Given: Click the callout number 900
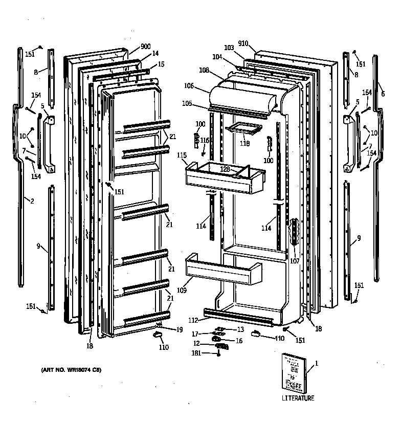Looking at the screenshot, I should click(145, 47).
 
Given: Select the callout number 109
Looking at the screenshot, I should click(182, 290).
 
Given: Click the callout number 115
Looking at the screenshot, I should click(182, 156).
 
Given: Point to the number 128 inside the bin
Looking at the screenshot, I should click(225, 169).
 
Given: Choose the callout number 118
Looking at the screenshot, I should click(245, 144).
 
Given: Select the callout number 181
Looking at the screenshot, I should click(196, 352).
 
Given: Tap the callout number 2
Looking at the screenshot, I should click(32, 201).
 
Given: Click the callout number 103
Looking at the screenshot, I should click(228, 48).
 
